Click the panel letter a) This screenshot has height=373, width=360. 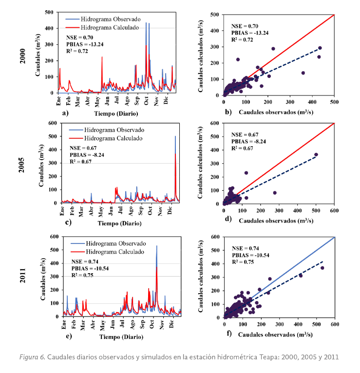click(65, 112)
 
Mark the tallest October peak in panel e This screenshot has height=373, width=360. click(156, 246)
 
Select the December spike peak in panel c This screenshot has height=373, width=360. click(175, 137)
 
